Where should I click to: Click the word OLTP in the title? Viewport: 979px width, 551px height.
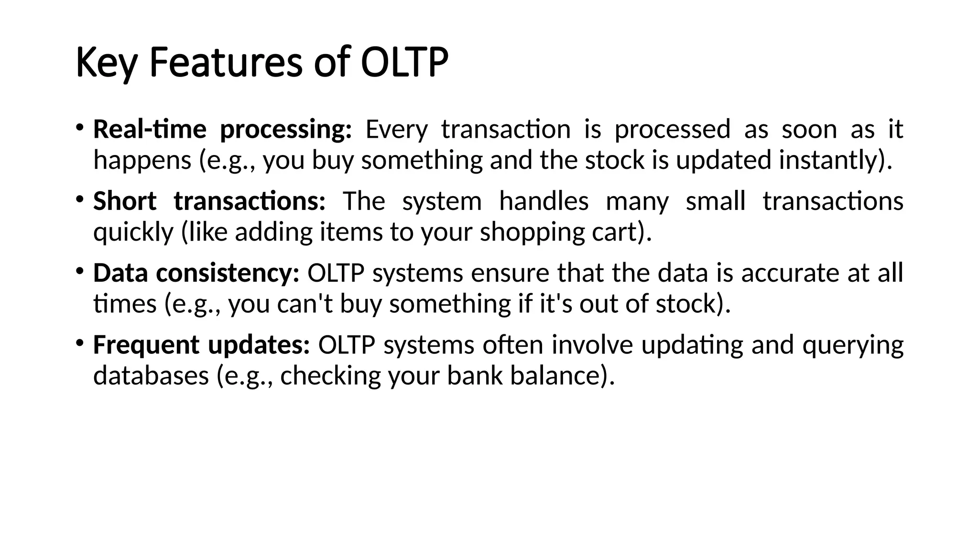(x=404, y=63)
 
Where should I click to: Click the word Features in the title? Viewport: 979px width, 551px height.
(x=226, y=63)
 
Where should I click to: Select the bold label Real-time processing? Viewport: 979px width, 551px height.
(x=222, y=130)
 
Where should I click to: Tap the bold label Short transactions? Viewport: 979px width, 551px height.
(x=209, y=201)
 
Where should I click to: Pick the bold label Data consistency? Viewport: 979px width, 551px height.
(x=196, y=273)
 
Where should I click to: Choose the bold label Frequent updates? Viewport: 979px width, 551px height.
(x=201, y=345)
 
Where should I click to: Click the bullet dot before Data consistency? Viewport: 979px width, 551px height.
(x=80, y=271)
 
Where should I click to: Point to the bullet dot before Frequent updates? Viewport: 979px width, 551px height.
(x=80, y=343)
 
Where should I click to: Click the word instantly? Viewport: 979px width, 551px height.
(x=829, y=160)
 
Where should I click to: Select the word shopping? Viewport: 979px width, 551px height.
(x=532, y=232)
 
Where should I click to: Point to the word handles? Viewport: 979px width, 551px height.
(x=544, y=201)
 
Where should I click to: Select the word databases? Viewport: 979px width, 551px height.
(x=151, y=375)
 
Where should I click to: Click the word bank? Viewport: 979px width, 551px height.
(x=474, y=375)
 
